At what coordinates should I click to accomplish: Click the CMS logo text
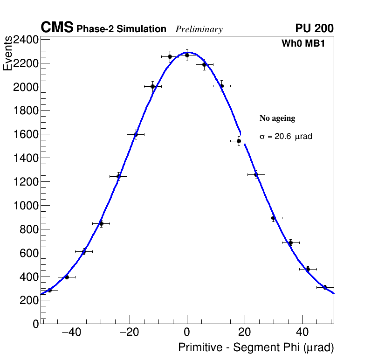pyautogui.click(x=57, y=28)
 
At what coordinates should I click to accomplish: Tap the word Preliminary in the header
pyautogui.click(x=199, y=29)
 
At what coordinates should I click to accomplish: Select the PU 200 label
pyautogui.click(x=314, y=28)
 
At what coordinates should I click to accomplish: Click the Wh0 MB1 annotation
pyautogui.click(x=303, y=44)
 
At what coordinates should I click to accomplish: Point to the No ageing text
pyautogui.click(x=277, y=118)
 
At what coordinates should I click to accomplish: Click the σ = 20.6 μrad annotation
pyautogui.click(x=286, y=137)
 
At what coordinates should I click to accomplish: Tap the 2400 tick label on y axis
pyautogui.click(x=25, y=40)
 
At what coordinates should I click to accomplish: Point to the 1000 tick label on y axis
pyautogui.click(x=25, y=206)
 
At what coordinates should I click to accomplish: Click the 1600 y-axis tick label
pyautogui.click(x=25, y=134)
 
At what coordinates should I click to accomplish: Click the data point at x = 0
pyautogui.click(x=187, y=55)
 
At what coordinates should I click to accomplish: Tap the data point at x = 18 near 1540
pyautogui.click(x=239, y=141)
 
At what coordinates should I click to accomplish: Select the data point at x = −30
pyautogui.click(x=101, y=223)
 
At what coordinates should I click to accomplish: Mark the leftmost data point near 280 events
pyautogui.click(x=49, y=290)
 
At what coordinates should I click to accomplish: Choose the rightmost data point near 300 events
pyautogui.click(x=325, y=287)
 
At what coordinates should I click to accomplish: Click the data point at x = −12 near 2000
pyautogui.click(x=152, y=86)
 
